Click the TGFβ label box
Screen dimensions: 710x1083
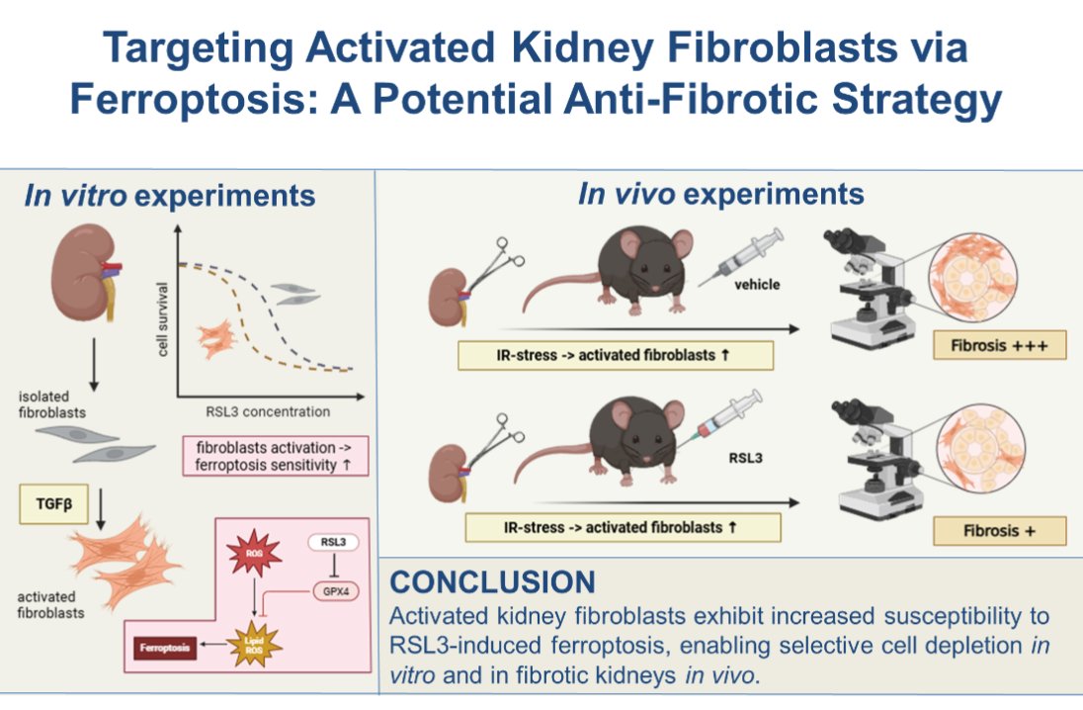47,503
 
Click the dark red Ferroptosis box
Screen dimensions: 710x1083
164,649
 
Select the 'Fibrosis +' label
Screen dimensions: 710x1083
1000,530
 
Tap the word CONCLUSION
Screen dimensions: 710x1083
492,580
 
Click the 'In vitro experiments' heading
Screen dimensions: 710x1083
170,195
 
